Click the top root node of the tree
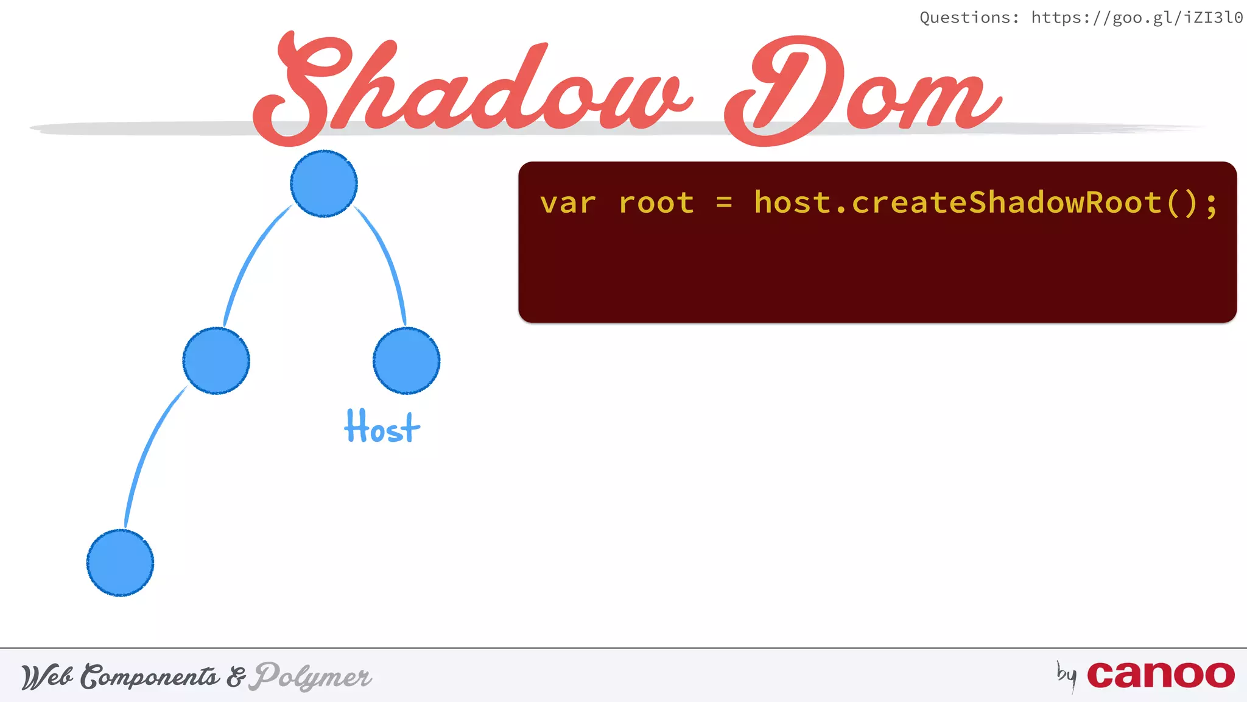click(x=324, y=183)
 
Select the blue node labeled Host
click(x=406, y=361)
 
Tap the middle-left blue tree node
click(x=216, y=361)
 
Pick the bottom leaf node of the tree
click(x=120, y=562)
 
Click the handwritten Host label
click(x=382, y=427)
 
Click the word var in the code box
click(x=567, y=203)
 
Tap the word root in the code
click(x=656, y=203)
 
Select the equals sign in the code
click(x=724, y=203)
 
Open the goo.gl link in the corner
click(x=1137, y=18)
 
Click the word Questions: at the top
click(x=969, y=18)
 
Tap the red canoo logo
click(x=1161, y=675)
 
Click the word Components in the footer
click(x=150, y=676)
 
